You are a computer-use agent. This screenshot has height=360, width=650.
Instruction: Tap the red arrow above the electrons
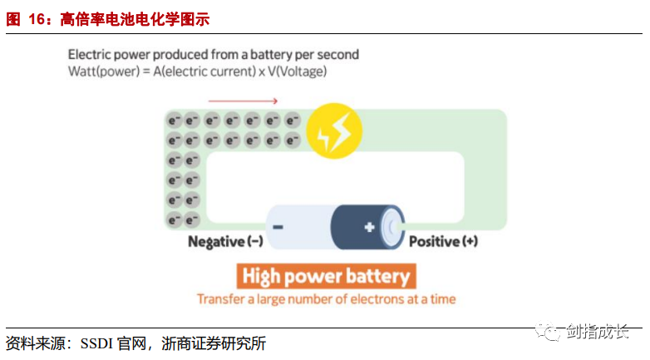point(243,101)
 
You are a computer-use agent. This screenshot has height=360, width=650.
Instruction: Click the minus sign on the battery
point(278,226)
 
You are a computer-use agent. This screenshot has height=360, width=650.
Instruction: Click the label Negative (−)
point(225,242)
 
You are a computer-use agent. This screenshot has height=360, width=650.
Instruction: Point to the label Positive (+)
point(443,242)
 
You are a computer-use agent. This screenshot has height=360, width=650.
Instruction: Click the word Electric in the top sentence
point(89,55)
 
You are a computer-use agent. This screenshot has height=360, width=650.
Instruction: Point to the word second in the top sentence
point(337,55)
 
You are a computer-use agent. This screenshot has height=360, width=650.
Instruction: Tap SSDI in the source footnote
point(101,343)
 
